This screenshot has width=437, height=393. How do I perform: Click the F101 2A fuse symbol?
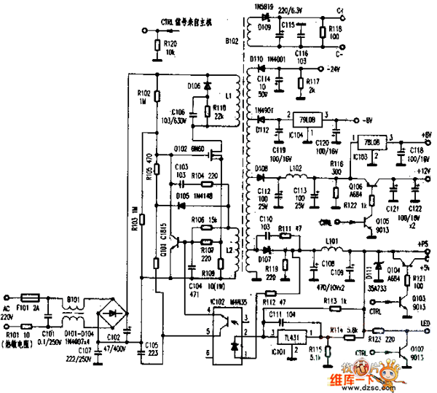click(x=31, y=297)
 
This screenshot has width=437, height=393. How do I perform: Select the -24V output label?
click(x=334, y=70)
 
